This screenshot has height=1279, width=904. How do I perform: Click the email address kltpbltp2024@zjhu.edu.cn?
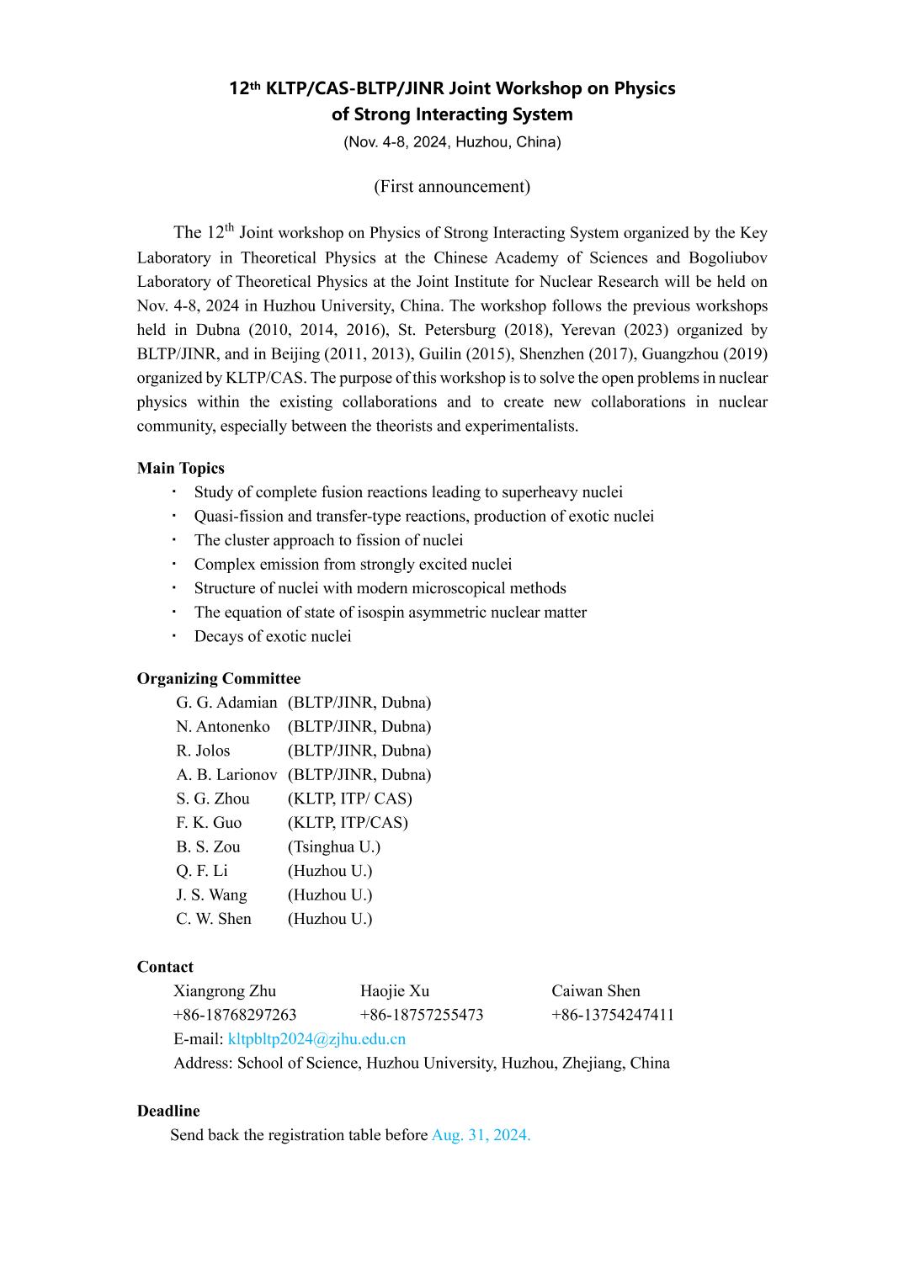316,1039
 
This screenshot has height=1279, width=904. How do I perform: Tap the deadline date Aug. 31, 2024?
481,1135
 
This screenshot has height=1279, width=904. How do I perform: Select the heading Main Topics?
181,469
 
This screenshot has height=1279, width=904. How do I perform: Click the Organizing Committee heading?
219,679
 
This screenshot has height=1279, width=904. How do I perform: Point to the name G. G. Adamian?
226,703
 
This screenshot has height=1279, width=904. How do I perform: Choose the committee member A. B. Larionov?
226,775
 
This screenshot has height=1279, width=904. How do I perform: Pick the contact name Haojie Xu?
395,991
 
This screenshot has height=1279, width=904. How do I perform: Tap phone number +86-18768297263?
235,1015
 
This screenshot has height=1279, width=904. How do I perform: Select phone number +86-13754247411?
613,1015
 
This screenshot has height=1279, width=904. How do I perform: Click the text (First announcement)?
452,187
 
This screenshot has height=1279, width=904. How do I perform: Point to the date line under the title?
452,142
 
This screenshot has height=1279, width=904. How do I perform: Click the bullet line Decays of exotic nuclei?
273,637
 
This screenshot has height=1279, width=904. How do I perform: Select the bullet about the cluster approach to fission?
328,540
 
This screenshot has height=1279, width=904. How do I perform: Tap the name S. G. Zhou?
213,799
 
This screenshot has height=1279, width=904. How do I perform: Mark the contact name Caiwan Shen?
596,991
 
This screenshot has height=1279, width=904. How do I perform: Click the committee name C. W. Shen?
214,919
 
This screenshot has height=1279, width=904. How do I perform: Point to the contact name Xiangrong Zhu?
225,991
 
